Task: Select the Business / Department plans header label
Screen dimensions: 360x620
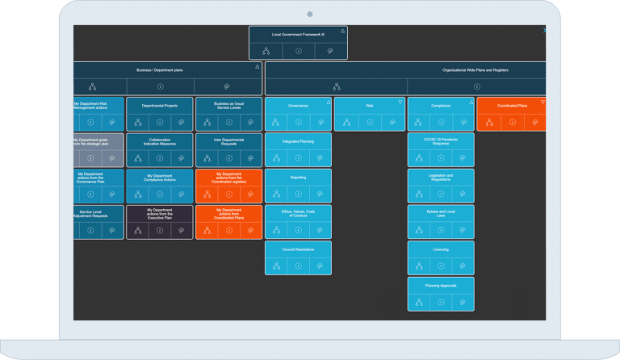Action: [x=160, y=70]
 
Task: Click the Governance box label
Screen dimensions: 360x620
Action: [x=298, y=104]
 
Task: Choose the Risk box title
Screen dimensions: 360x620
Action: [x=370, y=104]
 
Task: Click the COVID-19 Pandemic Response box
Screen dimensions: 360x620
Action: [x=441, y=140]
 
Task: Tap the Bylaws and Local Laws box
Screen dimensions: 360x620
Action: [x=441, y=212]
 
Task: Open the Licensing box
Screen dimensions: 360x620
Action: [x=441, y=249]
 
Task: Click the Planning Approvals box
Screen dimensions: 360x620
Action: [x=441, y=285]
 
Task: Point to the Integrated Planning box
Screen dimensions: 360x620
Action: [x=298, y=140]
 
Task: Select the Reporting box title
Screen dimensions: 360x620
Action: [x=298, y=177]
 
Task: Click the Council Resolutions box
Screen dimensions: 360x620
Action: [x=298, y=249]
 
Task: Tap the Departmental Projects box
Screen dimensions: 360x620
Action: [x=160, y=105]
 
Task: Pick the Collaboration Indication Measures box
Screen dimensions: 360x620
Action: [x=160, y=140]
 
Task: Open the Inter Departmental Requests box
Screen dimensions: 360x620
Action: [x=228, y=140]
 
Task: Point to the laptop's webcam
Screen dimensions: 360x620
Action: [x=310, y=14]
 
